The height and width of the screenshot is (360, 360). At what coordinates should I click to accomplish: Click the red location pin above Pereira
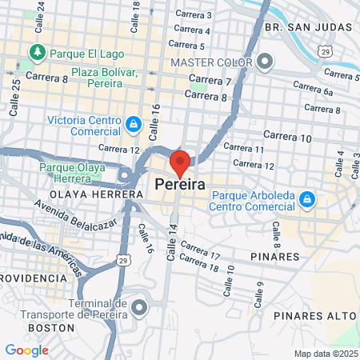[180, 162]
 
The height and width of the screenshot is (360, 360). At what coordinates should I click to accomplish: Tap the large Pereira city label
[180, 185]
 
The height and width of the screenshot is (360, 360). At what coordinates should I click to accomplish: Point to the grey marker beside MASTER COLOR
[265, 61]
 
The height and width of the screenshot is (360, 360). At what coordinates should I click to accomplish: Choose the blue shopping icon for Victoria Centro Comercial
[133, 123]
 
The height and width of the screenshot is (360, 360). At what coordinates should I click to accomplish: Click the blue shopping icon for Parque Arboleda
[306, 198]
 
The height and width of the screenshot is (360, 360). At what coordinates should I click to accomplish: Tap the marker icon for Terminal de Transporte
[140, 306]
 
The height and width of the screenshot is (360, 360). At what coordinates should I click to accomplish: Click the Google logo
[26, 350]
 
